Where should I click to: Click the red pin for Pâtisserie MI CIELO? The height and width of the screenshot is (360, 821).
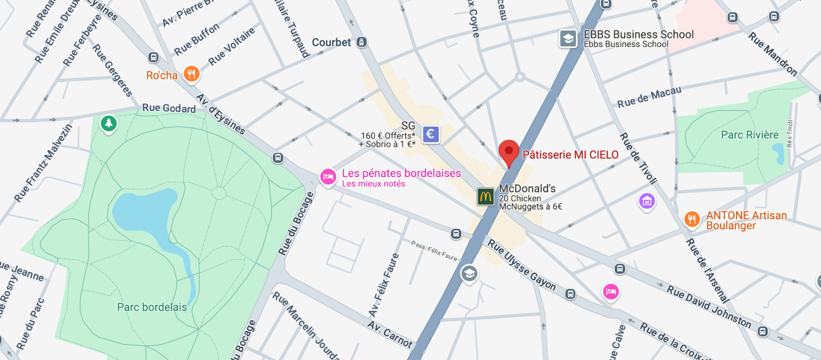click(x=509, y=151)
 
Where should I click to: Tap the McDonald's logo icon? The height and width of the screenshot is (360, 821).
click(x=485, y=196)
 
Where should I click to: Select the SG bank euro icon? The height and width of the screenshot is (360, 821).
click(x=431, y=134)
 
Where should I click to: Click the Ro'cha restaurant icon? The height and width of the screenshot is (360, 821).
click(x=191, y=74)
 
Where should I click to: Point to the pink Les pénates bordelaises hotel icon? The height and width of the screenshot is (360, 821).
click(x=328, y=177)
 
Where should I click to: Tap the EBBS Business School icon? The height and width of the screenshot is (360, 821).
click(x=568, y=38)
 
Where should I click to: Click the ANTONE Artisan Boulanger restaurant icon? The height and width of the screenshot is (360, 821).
click(x=692, y=218)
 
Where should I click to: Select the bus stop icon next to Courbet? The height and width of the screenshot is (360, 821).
click(x=362, y=42)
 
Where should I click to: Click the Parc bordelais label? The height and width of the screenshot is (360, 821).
click(x=152, y=307)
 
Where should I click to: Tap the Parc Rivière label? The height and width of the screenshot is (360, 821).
click(x=749, y=135)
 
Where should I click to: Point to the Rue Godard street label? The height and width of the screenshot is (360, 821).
click(x=169, y=108)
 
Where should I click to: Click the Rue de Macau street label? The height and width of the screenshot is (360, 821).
click(x=649, y=97)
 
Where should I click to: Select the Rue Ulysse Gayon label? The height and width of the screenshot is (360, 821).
click(x=522, y=265)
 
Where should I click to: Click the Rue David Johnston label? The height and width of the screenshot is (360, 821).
click(x=709, y=306)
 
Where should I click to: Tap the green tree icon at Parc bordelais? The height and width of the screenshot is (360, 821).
click(x=109, y=123)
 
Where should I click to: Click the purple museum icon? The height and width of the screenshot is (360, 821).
click(x=647, y=201)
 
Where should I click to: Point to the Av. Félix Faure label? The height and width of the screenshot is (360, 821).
click(x=384, y=285)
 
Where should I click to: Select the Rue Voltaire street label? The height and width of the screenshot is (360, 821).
click(x=231, y=46)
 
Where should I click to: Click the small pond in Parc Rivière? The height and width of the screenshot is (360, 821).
click(x=778, y=153)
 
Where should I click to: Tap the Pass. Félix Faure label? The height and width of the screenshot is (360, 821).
click(x=434, y=251)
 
